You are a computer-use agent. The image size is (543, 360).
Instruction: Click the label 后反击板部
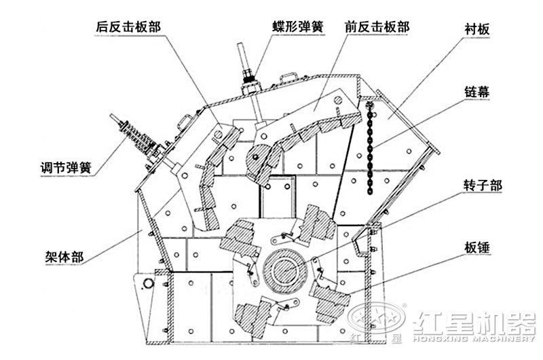pyautogui.click(x=129, y=27)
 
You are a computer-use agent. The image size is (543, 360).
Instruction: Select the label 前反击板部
pyautogui.click(x=377, y=27)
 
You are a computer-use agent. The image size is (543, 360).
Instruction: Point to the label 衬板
pyautogui.click(x=477, y=30)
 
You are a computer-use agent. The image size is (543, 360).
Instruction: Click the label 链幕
pyautogui.click(x=478, y=94)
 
